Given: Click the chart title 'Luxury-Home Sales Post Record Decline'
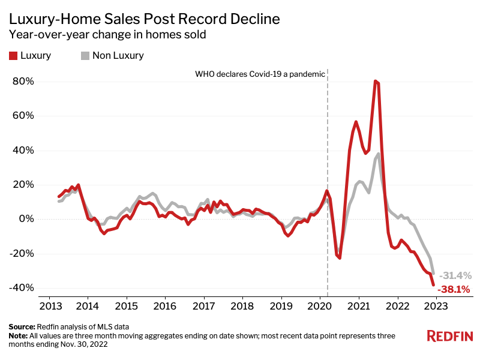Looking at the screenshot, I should pos(145,19).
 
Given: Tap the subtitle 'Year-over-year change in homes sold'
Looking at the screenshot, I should pos(108,35).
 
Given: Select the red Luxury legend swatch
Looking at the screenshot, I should pos(13,56).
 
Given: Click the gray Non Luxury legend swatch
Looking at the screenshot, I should pos(85,56).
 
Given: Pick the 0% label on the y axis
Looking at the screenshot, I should pos(26,218).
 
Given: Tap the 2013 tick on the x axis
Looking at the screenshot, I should pos(49,305).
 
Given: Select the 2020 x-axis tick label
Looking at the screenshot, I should pos(320,305).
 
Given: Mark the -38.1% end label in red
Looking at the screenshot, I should pos(454,289).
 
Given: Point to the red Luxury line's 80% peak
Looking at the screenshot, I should pos(376,81).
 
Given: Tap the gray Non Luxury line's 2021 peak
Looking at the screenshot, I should pos(379,154).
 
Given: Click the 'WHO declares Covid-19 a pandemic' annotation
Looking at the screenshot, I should pos(260,74).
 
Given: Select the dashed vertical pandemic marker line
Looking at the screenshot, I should pos(328,180).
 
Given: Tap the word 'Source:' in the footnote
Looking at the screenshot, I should pos(22,326).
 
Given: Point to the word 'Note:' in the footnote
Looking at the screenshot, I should pos(19,335).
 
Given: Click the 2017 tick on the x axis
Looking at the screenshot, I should pos(203,305).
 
